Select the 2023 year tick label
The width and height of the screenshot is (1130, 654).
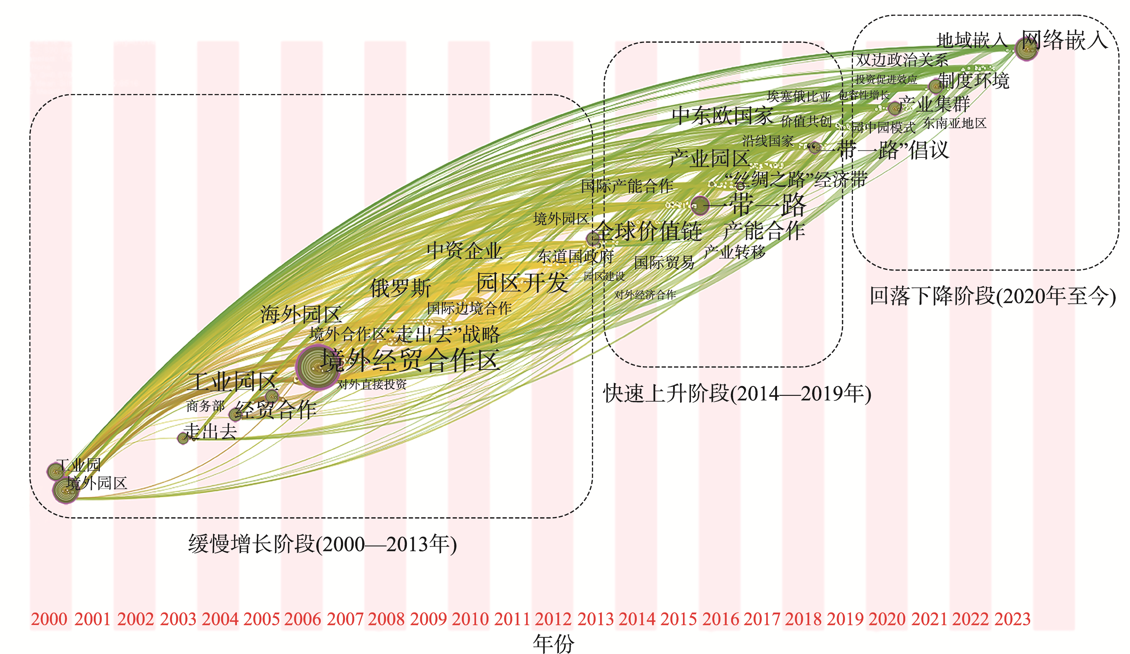pyautogui.click(x=1013, y=619)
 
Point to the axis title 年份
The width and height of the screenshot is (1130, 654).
pyautogui.click(x=553, y=644)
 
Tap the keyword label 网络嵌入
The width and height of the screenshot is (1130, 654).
pyautogui.click(x=1065, y=40)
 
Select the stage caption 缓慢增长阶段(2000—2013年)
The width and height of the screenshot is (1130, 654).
pyautogui.click(x=322, y=544)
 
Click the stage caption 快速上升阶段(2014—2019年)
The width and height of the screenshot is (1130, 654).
pyautogui.click(x=737, y=394)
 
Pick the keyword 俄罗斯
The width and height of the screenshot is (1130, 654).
pyautogui.click(x=400, y=288)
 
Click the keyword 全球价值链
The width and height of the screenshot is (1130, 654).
pyautogui.click(x=649, y=231)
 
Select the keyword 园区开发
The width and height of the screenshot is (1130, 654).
pyautogui.click(x=522, y=282)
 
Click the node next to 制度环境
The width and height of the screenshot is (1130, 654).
pyautogui.click(x=936, y=86)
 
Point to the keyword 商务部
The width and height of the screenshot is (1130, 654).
pyautogui.click(x=205, y=406)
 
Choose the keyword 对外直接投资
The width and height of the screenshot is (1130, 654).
pyautogui.click(x=372, y=384)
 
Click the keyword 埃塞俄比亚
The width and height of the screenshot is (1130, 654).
pyautogui.click(x=799, y=96)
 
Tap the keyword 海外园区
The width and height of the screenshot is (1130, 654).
pyautogui.click(x=301, y=314)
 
